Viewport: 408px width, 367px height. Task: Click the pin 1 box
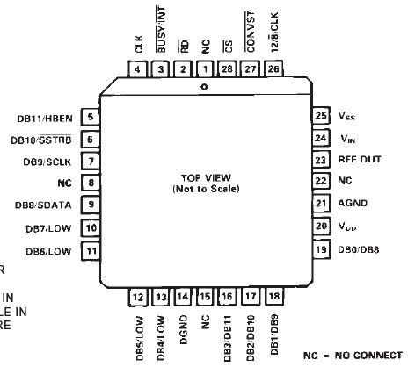coord(205,69)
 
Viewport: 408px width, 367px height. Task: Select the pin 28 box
coord(227,69)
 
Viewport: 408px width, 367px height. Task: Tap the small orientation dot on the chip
coord(205,87)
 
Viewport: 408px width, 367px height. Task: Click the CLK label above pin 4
coord(139,44)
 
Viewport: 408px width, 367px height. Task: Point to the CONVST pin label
coord(250,32)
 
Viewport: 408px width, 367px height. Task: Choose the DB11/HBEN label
coord(45,119)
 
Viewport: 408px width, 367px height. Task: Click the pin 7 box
coord(91,162)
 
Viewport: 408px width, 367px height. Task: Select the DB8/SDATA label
coord(43,205)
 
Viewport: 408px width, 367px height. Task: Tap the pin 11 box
coord(91,251)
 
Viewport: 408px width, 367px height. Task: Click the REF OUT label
coord(360,159)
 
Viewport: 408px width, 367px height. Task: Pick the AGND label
coord(353,203)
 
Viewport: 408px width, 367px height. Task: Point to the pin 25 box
coord(321,115)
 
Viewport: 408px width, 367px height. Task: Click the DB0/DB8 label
coord(359,249)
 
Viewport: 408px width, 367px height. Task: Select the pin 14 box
coord(183,297)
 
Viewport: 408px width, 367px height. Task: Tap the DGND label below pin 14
coord(183,329)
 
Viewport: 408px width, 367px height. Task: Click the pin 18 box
coord(274,297)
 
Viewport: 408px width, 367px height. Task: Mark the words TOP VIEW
coord(206,177)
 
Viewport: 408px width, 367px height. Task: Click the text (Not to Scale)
coord(206,189)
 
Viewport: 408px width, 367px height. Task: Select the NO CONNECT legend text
coord(368,356)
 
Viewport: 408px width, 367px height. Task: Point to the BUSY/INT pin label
coord(161,29)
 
